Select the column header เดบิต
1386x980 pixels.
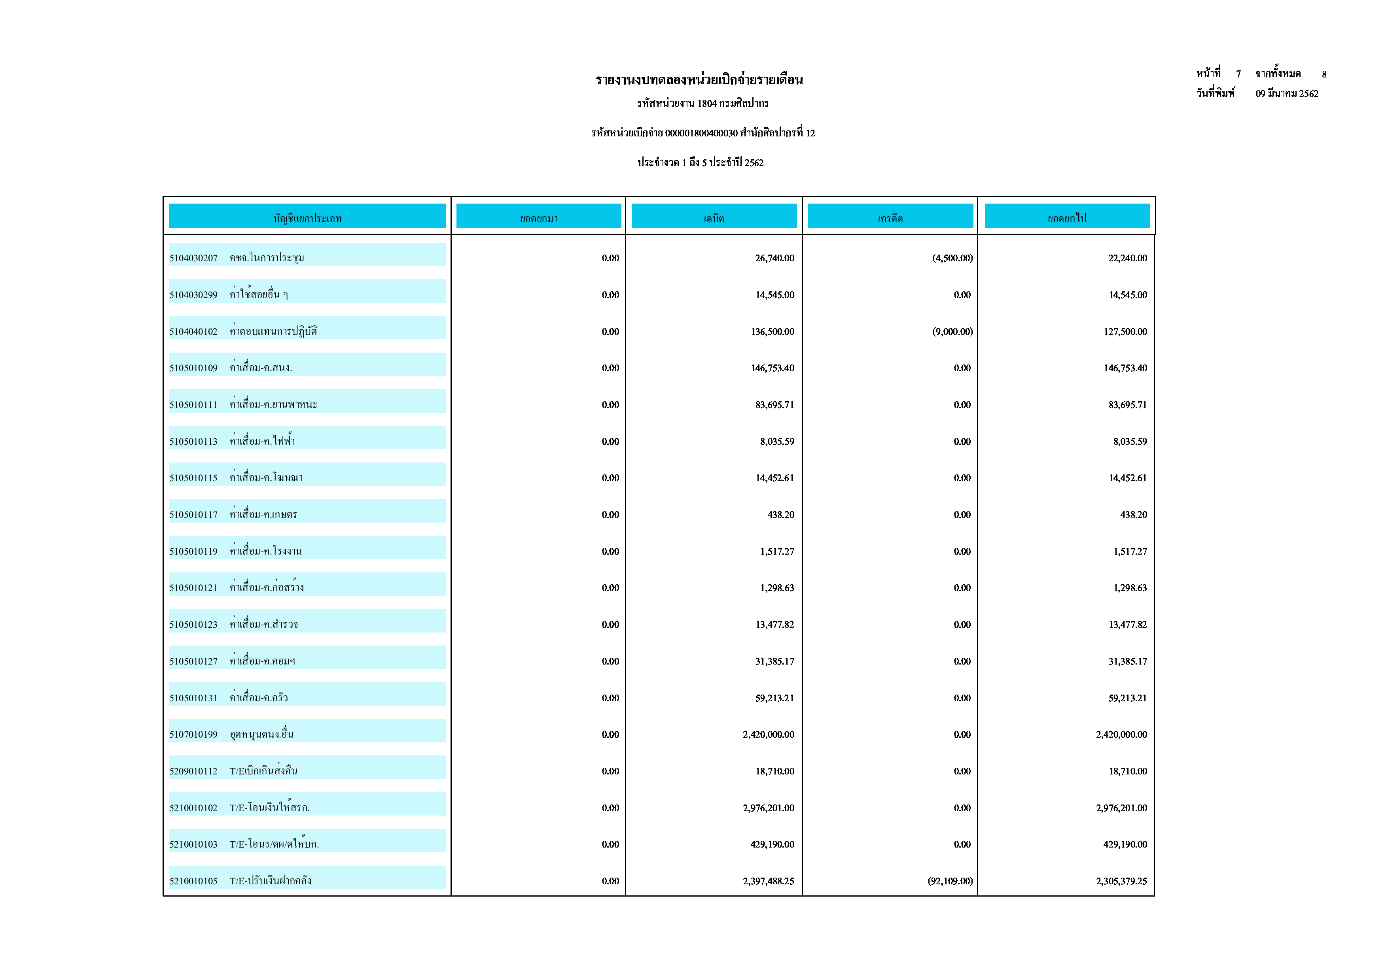(714, 219)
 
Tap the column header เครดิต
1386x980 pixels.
(890, 219)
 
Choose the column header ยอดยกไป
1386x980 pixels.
(1067, 219)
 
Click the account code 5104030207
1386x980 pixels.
(193, 258)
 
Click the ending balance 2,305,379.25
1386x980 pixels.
(1121, 882)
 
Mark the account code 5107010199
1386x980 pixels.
(193, 735)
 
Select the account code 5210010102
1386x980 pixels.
(193, 808)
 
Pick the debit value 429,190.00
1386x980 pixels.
(772, 845)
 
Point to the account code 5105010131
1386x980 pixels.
(193, 698)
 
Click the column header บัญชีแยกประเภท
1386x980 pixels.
(307, 219)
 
